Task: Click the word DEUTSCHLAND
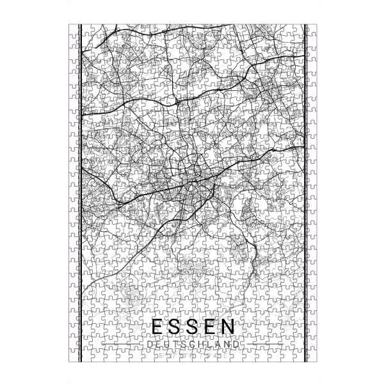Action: (191, 344)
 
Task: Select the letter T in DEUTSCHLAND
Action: (172, 344)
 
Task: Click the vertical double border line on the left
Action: (79, 192)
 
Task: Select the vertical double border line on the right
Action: (305, 192)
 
